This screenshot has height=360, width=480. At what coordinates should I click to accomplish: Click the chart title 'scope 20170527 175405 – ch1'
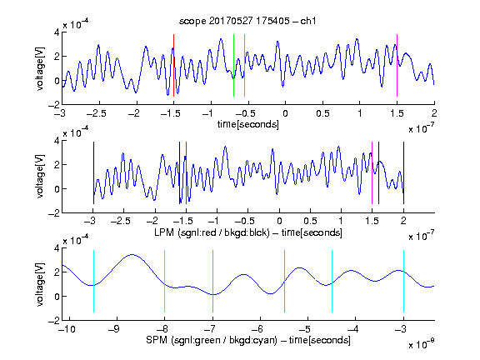tap(247, 21)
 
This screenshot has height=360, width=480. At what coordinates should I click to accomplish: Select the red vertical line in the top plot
tap(173, 65)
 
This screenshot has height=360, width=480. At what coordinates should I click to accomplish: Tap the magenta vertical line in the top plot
tap(397, 65)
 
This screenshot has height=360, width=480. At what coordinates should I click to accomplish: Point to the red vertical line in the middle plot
tap(186, 173)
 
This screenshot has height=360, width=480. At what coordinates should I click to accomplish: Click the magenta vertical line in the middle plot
tap(372, 173)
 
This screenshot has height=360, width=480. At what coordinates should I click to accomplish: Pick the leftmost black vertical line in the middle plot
tap(93, 173)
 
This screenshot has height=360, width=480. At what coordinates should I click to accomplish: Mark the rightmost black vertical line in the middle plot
tap(403, 173)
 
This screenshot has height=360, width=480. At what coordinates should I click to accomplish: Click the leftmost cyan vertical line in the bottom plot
tap(93, 282)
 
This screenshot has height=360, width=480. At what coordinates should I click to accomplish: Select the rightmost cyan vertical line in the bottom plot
tap(403, 282)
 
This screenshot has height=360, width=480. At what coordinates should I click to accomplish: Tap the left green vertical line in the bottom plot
tap(212, 282)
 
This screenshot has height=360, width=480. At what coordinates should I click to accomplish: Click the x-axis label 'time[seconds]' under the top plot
tap(248, 124)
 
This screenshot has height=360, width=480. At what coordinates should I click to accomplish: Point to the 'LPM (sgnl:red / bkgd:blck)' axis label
tap(212, 232)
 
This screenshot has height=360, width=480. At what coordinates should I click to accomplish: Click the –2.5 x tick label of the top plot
tap(97, 114)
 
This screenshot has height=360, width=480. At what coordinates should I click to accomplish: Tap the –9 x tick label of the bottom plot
tap(114, 329)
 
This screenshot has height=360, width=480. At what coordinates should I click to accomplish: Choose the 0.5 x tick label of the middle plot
tap(310, 221)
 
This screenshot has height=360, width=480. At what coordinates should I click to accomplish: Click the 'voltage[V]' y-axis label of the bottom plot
tap(40, 285)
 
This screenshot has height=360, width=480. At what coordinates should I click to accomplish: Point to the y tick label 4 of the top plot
tap(57, 32)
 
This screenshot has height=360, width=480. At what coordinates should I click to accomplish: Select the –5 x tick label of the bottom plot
tap(305, 329)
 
